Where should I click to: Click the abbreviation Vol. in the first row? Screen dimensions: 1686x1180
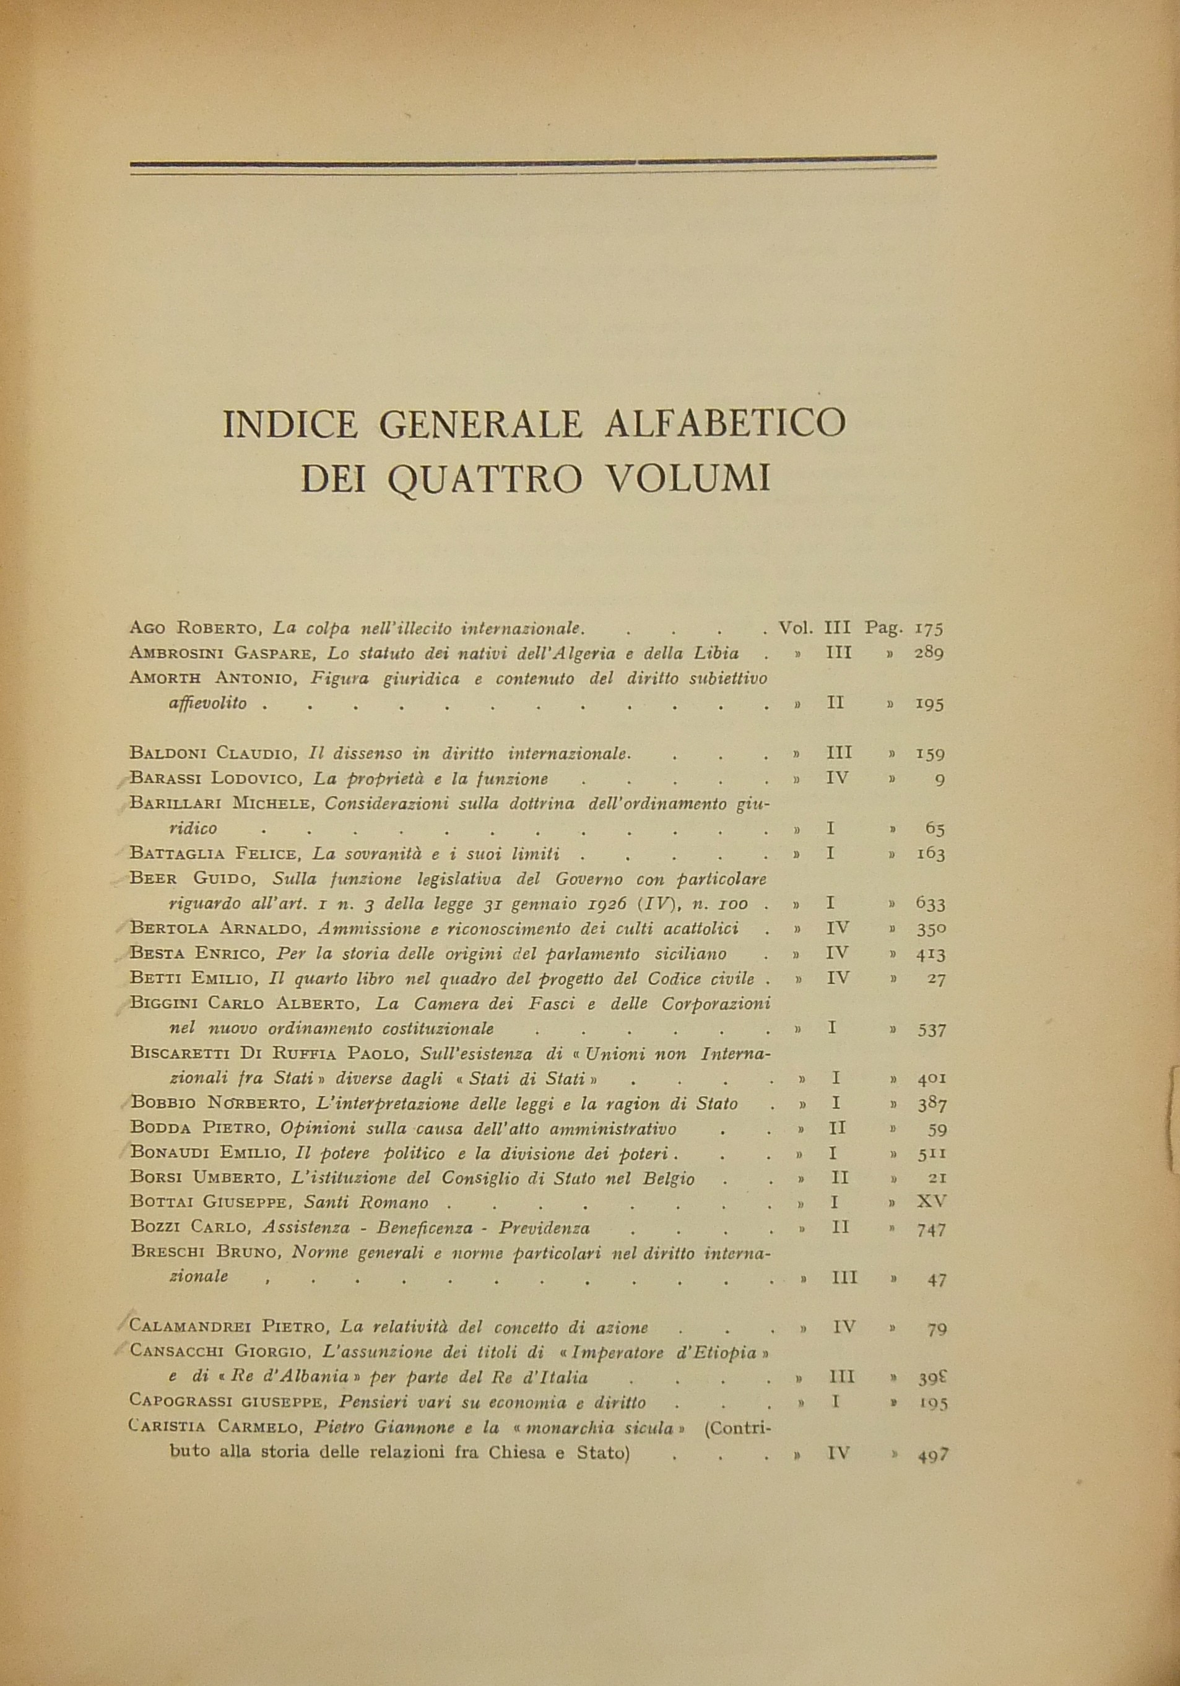pos(796,628)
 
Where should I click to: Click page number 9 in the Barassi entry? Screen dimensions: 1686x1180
pos(940,779)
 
